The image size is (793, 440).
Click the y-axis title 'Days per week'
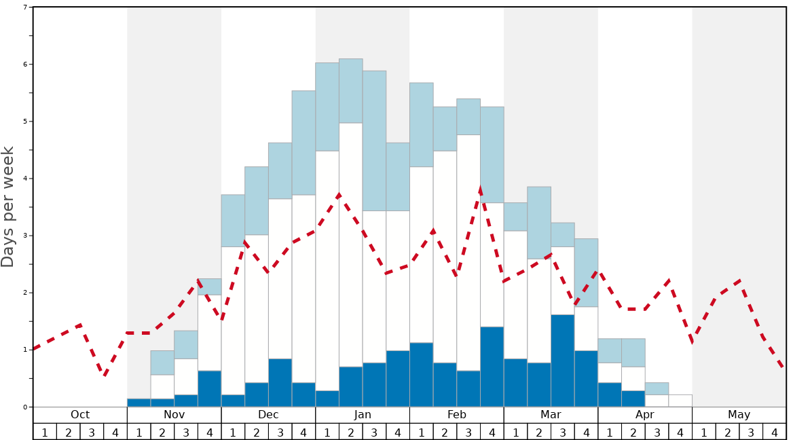coord(8,206)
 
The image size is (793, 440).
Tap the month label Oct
coord(80,415)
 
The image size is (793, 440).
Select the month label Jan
coord(363,415)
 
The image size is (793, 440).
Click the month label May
coord(739,415)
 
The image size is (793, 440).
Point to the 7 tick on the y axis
coord(25,7)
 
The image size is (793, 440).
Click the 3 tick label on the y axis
coord(25,236)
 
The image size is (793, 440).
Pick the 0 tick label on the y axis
coord(25,407)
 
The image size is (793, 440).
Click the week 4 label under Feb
coord(492,432)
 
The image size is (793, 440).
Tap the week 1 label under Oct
coord(45,432)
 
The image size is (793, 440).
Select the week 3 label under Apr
coord(657,432)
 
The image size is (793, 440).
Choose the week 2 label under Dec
coord(257,432)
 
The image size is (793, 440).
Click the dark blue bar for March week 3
coord(562,361)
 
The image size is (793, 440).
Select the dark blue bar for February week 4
coord(492,367)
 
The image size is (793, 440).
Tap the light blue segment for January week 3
coord(374,141)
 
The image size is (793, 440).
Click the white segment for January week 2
coord(350,244)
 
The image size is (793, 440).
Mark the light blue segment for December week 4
coord(303,143)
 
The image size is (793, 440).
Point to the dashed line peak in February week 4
coord(480,189)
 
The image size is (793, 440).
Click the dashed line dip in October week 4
coord(104,375)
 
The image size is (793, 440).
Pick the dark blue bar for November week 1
coord(139,403)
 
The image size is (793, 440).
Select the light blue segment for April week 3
coord(657,388)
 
